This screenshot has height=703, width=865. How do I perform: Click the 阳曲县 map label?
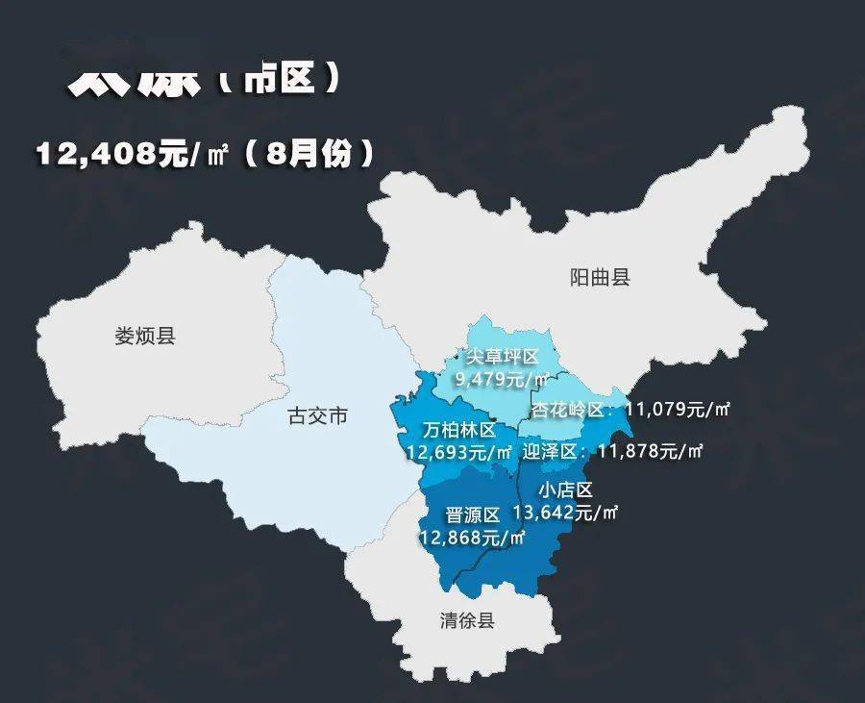click(600, 278)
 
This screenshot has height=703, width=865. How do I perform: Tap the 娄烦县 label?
click(145, 336)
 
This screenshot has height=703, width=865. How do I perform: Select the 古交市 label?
click(317, 416)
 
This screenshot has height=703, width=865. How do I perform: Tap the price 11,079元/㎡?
click(677, 410)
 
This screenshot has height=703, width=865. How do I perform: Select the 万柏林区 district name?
click(459, 430)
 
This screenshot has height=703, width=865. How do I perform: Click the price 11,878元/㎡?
click(651, 450)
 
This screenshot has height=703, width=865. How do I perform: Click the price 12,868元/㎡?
click(472, 537)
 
